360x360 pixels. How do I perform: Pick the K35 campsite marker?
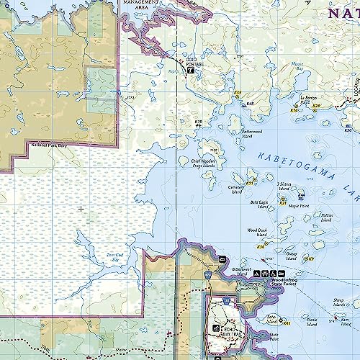coord(237,92)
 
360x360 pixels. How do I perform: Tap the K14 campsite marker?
coord(294,110)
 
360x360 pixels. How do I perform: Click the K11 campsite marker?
coord(250,183)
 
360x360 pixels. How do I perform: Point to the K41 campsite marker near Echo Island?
coord(287,324)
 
